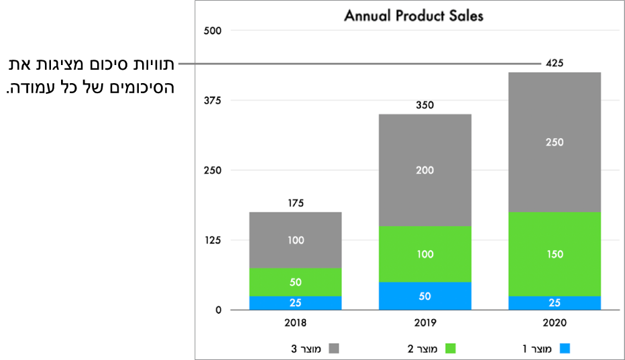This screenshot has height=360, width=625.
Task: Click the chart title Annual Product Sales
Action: tap(413, 15)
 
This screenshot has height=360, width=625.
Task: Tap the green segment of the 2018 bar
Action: tap(295, 282)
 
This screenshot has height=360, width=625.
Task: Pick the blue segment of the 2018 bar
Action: tap(295, 303)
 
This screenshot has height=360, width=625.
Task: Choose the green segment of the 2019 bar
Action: tap(424, 254)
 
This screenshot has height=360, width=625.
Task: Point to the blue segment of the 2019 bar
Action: tap(424, 296)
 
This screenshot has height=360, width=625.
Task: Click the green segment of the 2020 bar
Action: tap(555, 254)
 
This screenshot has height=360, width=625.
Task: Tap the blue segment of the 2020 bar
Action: tap(555, 303)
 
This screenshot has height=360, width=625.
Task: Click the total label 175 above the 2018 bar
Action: tap(295, 202)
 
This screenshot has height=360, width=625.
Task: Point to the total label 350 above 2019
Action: tap(424, 105)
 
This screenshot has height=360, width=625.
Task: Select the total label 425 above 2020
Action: tap(555, 63)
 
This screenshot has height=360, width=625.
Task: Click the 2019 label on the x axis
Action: tap(424, 322)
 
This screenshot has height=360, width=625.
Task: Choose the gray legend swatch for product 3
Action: tap(333, 349)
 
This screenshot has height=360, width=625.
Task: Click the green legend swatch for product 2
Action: tap(451, 349)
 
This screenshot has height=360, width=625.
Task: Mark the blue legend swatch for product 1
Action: tap(565, 349)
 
